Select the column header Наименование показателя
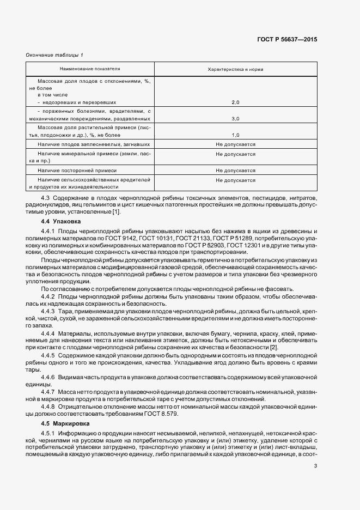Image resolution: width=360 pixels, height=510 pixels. [90, 69]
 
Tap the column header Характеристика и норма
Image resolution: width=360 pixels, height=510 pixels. [235, 70]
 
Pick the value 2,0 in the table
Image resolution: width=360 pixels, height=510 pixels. [235, 102]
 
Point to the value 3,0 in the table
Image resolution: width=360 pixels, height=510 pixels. [235, 118]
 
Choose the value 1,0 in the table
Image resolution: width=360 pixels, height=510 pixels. [235, 135]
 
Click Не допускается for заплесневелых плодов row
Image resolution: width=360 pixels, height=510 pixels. [235, 144]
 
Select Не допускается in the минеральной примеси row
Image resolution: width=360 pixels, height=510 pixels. [235, 154]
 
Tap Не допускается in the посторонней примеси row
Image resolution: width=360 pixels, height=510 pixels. [235, 171]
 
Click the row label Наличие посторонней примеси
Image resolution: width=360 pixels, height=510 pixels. [74, 171]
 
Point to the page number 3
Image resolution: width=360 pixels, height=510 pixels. [315, 465]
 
